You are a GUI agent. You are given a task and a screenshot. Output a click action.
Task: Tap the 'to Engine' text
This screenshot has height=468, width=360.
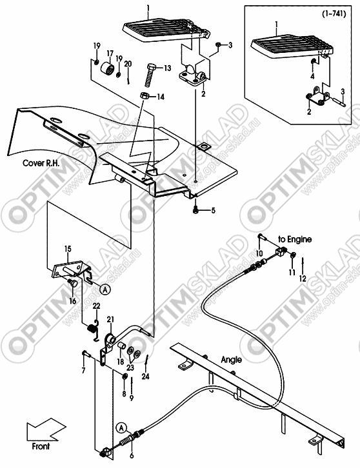pos(295,239)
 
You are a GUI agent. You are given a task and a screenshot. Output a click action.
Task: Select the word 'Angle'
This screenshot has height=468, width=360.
pos(231,360)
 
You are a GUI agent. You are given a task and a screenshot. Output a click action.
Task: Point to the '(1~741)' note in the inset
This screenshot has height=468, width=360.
pos(334,14)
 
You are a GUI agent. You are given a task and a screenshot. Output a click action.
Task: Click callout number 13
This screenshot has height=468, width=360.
pos(167,68)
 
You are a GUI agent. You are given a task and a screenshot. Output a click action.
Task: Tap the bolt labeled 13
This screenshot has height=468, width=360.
pos(150,75)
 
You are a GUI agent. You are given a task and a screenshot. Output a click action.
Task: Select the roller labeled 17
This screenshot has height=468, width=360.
pos(107,69)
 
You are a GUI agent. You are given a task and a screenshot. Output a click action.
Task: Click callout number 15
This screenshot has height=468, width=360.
pos(68,249)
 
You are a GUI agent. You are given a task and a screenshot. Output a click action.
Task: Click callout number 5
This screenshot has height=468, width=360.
pos(213,210)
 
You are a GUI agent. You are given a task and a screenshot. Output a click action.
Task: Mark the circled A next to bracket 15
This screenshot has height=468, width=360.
pos(105,289)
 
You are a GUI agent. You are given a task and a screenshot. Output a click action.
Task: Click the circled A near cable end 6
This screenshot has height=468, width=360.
pos(121,428)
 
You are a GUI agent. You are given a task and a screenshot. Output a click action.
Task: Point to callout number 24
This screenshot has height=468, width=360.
pos(145,376)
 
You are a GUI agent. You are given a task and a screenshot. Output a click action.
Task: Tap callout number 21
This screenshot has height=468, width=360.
pos(110,320)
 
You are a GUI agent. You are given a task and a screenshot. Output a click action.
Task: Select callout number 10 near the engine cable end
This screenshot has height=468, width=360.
pos(259,253)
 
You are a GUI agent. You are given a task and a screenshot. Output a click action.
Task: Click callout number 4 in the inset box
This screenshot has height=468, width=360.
pos(312,77)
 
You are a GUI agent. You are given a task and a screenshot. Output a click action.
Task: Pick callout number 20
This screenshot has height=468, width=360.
pos(128,64)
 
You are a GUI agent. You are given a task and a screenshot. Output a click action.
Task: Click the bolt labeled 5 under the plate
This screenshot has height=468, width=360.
pos(195,210)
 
